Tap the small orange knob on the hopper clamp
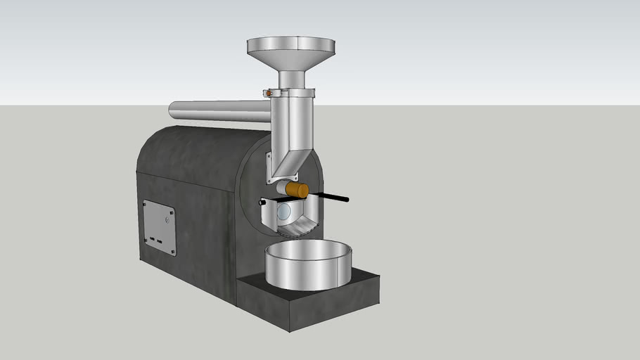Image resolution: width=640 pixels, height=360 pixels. coord(269,93)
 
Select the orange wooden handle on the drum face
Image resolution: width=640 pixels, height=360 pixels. coord(297,190)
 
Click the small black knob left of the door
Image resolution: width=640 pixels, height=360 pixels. coord(262,202)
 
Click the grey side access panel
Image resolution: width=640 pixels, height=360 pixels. coord(159,226)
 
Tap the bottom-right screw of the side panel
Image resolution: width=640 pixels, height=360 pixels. coord(172,251)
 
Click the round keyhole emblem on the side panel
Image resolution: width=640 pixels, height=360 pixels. coord(166,219)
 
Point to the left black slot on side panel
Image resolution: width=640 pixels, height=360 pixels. coord(150,239)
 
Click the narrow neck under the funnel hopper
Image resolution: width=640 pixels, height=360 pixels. coord(290,78)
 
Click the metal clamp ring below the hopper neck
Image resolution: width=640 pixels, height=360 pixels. coord(292,92)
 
